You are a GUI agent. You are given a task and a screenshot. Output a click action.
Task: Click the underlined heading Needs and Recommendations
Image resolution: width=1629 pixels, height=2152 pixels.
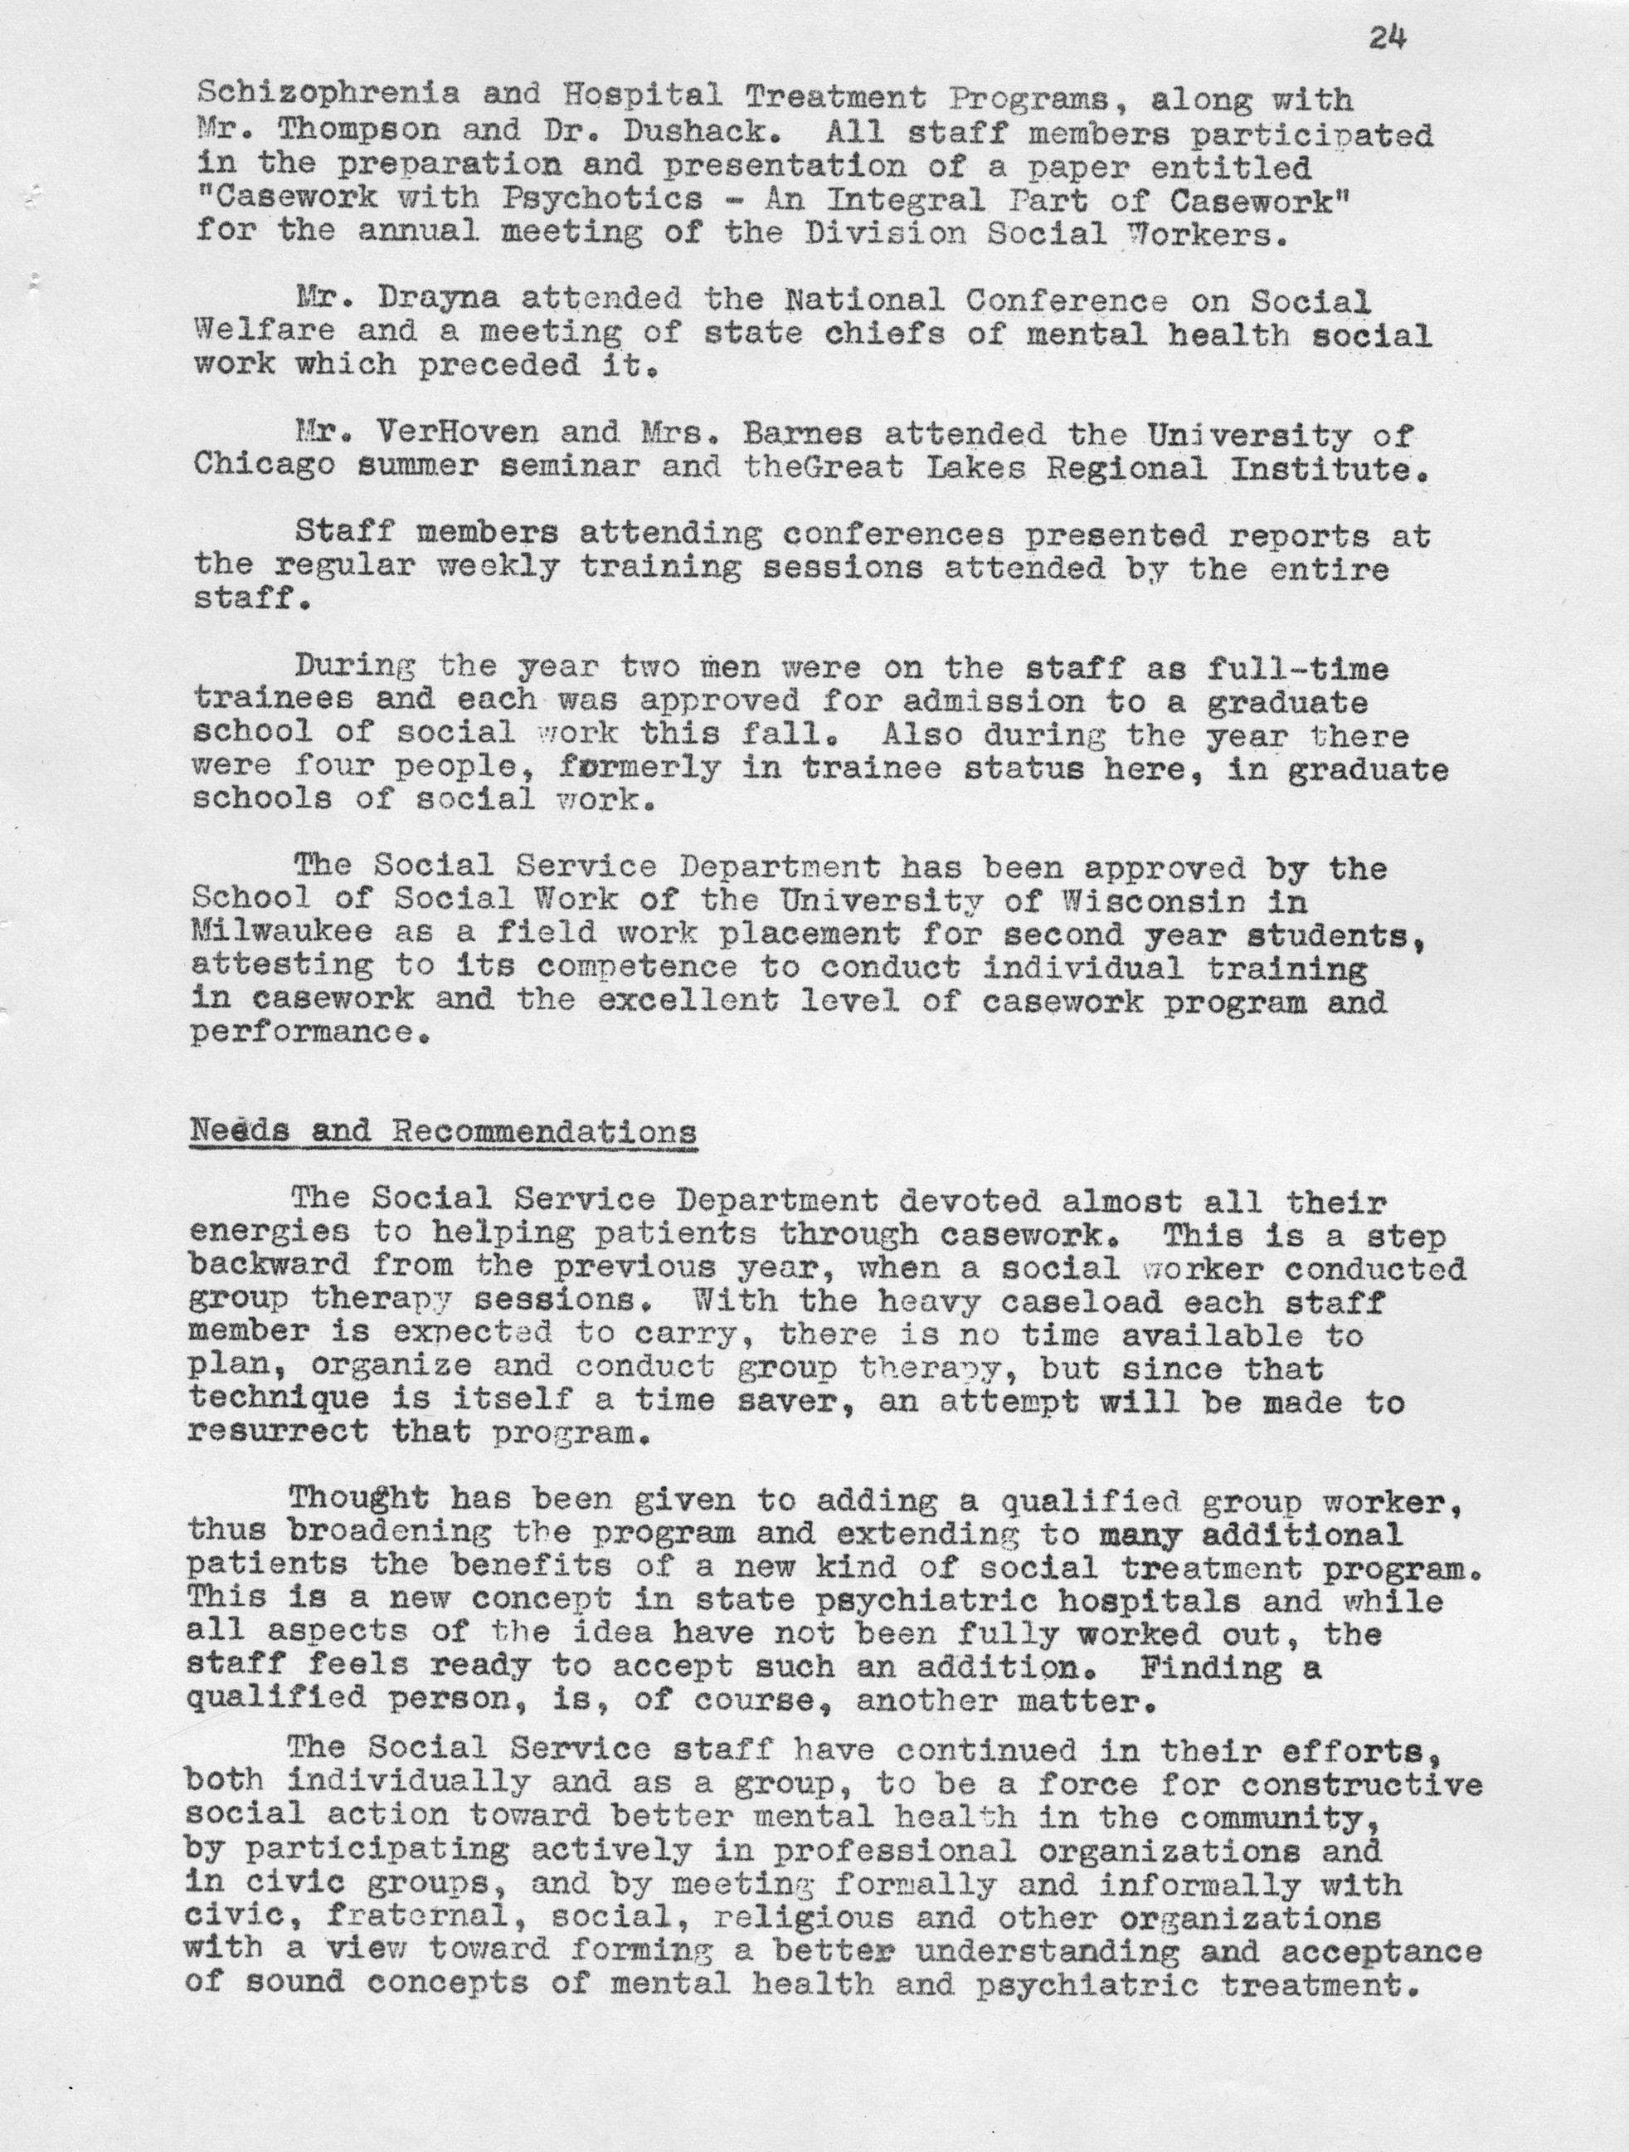coord(444,1131)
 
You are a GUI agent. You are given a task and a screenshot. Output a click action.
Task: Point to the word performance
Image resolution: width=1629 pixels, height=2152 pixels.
coord(309,1032)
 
